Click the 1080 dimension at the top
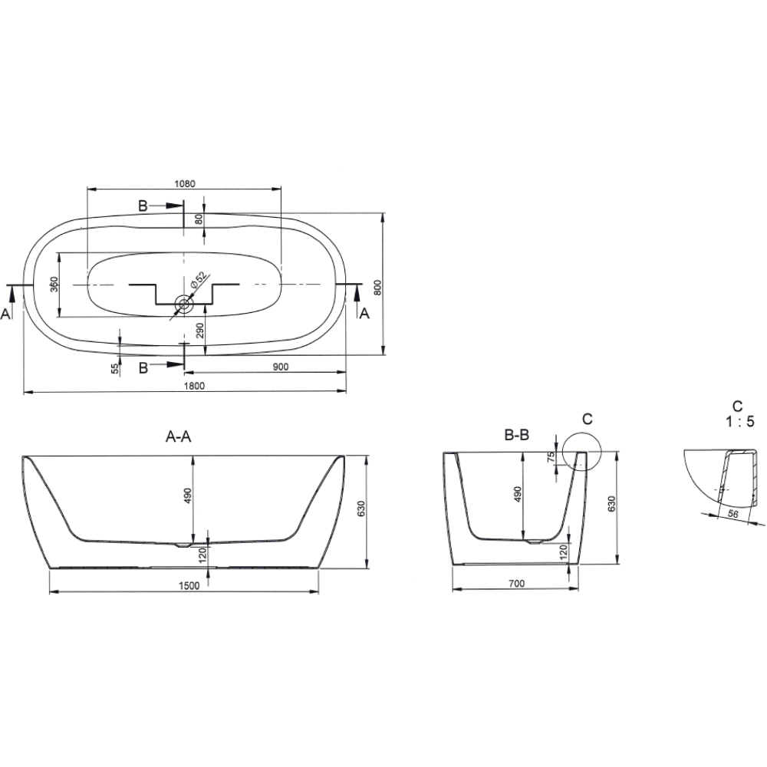[184, 184]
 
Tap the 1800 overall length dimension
[194, 386]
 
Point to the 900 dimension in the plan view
[281, 367]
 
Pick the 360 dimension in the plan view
[54, 285]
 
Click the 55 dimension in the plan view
[116, 369]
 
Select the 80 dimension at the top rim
[199, 219]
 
